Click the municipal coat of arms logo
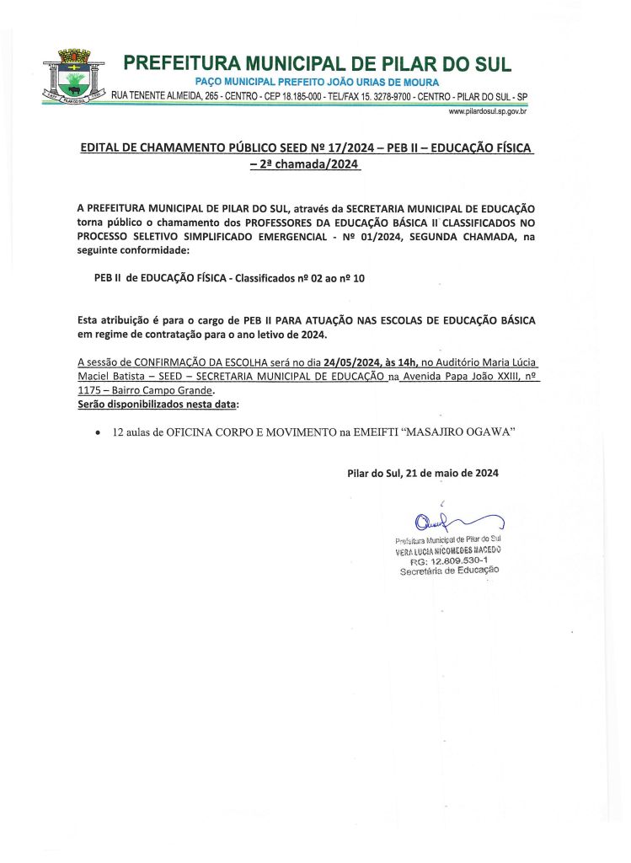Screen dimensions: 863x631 [74, 78]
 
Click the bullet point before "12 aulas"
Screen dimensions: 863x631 [99, 431]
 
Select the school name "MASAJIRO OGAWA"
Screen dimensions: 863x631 [460, 431]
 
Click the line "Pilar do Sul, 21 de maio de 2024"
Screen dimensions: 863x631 [422, 473]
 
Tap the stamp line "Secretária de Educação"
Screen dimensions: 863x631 [449, 571]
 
